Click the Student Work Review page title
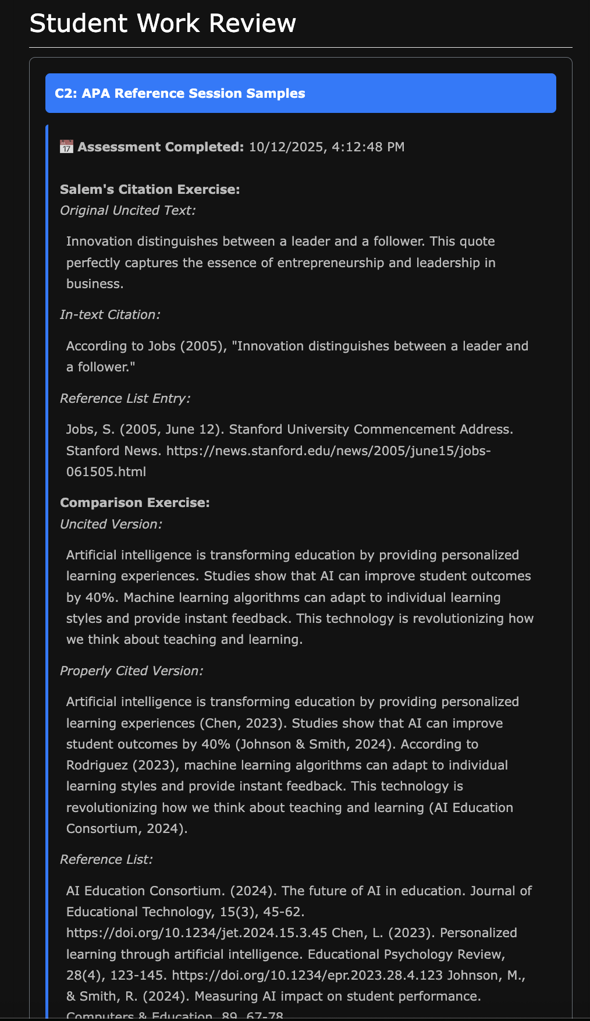162,24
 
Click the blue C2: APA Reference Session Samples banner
300,93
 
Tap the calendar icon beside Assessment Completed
66,147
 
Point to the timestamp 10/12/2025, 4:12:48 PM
326,147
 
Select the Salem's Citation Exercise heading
150,189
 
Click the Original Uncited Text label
127,210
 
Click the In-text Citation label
110,314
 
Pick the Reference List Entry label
125,398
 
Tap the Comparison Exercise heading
134,502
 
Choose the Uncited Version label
111,524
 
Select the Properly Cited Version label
131,671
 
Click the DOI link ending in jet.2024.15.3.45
197,933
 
